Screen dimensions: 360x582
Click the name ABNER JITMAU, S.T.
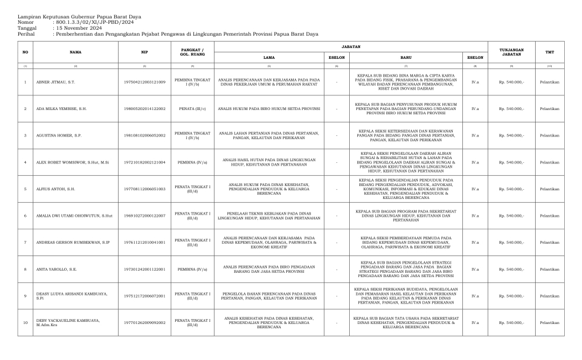[56, 82]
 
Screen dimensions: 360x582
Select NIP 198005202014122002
[145, 109]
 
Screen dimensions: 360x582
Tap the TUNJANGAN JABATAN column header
[511, 52]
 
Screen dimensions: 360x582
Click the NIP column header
[145, 52]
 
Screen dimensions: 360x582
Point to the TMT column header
[550, 52]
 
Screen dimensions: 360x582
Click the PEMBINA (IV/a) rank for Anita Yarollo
[192, 269]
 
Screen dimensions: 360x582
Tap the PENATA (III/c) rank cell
[192, 109]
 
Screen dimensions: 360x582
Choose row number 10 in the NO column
[25, 323]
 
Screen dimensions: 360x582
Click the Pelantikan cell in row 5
[550, 189]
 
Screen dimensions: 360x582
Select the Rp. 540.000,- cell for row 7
[511, 243]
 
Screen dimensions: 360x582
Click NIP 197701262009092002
[145, 323]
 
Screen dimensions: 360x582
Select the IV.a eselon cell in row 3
[475, 136]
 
